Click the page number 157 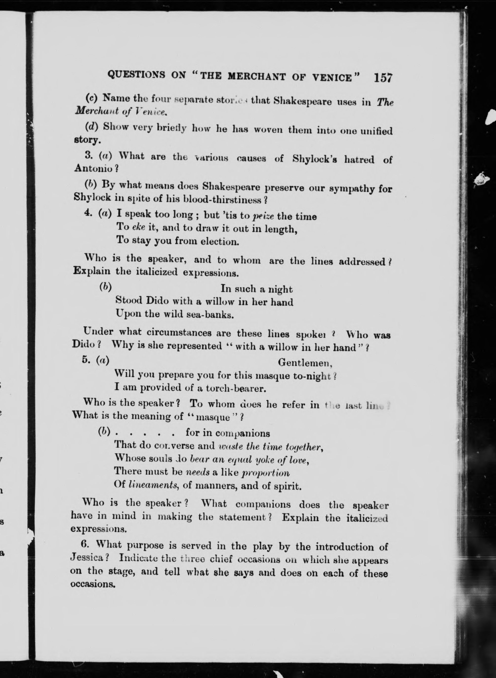pyautogui.click(x=383, y=78)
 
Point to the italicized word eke pyautogui.click(x=138, y=227)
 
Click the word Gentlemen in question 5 pyautogui.click(x=305, y=363)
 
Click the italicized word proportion pyautogui.click(x=265, y=473)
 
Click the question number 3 pyautogui.click(x=88, y=155)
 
